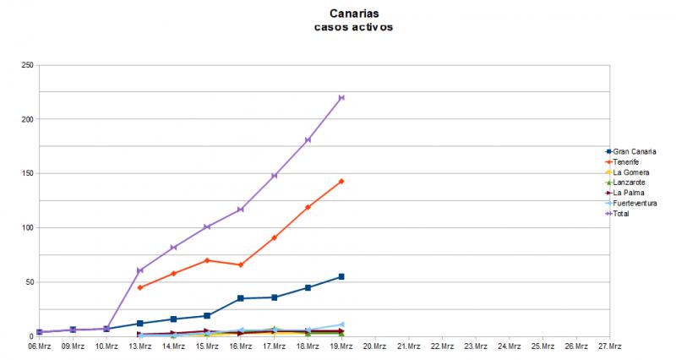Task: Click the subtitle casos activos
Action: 351,27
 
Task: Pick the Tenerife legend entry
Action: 625,162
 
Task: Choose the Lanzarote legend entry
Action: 628,183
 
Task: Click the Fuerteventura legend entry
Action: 635,203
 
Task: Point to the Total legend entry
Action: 621,214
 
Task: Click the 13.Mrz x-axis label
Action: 140,346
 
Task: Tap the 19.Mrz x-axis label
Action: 341,346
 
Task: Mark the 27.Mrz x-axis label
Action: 609,346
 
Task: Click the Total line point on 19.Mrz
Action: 341,98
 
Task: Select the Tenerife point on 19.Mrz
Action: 341,181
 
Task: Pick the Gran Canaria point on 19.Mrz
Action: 341,276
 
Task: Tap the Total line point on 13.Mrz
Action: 140,270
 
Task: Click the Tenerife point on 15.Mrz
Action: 207,260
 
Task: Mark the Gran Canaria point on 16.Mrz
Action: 241,298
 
